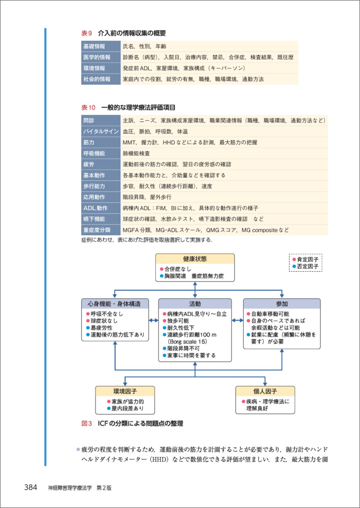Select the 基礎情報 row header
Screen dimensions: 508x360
pos(94,46)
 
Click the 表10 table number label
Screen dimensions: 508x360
pos(88,108)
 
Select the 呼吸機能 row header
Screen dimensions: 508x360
pos(94,153)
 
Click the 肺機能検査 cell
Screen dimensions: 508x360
pos(137,153)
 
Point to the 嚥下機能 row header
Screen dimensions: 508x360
pos(94,219)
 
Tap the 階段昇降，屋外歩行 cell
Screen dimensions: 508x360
pos(147,197)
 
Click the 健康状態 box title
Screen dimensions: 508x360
pos(195,259)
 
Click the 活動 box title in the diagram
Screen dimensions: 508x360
pos(195,303)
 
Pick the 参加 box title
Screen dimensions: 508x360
pos(282,303)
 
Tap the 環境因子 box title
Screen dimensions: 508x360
pos(125,391)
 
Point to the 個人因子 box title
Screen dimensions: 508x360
pos(265,391)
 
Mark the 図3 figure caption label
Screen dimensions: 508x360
pos(86,423)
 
